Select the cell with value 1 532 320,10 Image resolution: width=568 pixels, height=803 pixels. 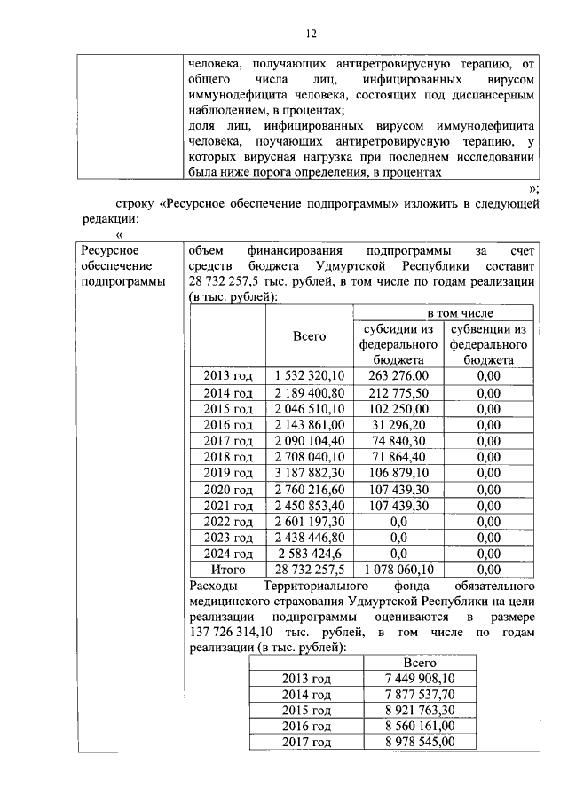(309, 375)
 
